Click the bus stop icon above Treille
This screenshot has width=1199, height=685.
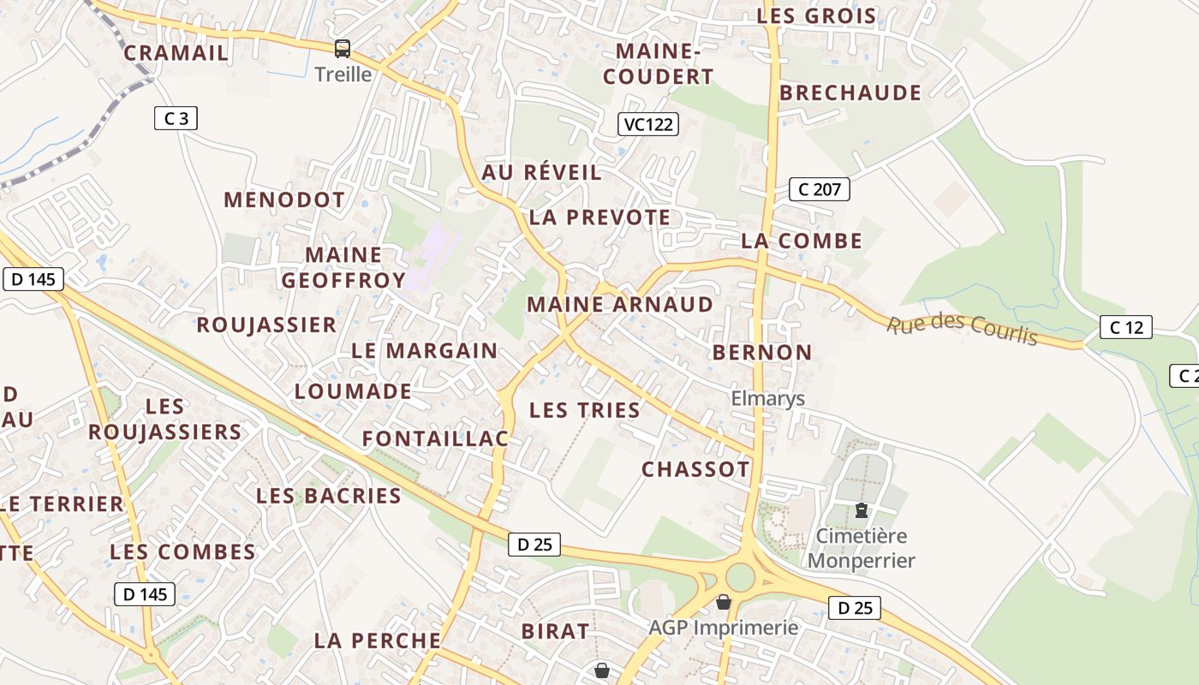point(343,49)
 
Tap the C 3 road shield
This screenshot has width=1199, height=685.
point(176,118)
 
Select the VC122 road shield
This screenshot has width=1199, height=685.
point(648,124)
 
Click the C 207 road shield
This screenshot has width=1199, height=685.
point(820,189)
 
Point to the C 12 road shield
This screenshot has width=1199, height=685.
point(1126,327)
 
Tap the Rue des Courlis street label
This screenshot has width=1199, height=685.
point(962,330)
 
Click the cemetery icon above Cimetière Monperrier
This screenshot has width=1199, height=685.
point(862,511)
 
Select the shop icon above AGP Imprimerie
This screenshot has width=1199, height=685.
point(724,603)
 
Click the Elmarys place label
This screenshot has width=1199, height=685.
point(767,398)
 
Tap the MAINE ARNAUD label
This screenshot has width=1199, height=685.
point(620,305)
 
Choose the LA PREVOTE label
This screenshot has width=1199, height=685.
point(599,217)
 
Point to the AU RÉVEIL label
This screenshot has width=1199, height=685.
point(541,172)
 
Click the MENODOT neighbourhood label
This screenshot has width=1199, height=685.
point(284,200)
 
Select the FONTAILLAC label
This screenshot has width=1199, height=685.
point(435,439)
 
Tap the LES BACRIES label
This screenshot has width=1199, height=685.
point(329,496)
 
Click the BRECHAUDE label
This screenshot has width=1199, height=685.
point(850,93)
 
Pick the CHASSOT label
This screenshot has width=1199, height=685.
point(695,469)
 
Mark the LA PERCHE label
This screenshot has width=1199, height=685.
point(377,640)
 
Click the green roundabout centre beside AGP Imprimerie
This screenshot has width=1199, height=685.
point(740,577)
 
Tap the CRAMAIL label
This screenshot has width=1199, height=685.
point(176,53)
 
